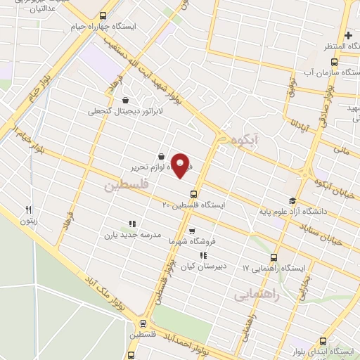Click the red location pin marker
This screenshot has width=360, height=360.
coord(181,165)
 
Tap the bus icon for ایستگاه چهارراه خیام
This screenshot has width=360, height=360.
coord(104,15)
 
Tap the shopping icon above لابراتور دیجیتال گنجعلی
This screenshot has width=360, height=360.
coord(126,99)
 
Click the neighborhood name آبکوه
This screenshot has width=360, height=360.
coord(243,140)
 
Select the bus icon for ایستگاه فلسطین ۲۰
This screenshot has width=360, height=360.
coord(193,194)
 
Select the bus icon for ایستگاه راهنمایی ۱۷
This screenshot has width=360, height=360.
coord(274,257)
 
